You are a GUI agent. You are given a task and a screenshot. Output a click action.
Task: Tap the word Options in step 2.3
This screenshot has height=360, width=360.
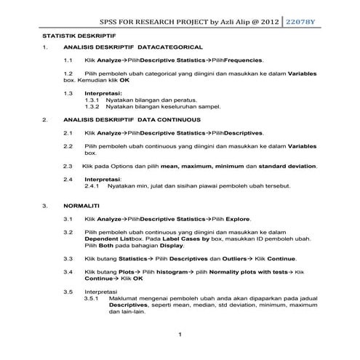(x=125, y=167)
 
